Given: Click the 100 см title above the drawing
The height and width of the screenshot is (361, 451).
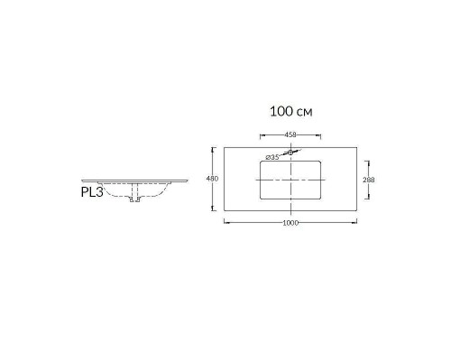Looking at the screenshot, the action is tap(291, 111).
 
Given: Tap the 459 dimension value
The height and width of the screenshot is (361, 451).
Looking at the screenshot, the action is tap(290, 134).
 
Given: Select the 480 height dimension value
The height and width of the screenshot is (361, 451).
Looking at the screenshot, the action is tap(212, 179).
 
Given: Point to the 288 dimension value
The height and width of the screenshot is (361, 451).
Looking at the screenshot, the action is tap(369, 180).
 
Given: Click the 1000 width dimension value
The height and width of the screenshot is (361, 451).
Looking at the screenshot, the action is tap(290, 223).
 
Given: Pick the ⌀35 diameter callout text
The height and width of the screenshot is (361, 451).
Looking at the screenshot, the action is tap(272, 157).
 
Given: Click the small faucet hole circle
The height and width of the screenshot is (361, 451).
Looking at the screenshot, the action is tap(290, 153).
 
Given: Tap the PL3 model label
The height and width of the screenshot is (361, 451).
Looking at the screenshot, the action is tap(92, 192).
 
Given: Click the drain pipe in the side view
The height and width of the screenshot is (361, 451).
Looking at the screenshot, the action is tap(134, 192).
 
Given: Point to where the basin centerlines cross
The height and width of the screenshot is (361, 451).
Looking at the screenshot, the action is tap(290, 180).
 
